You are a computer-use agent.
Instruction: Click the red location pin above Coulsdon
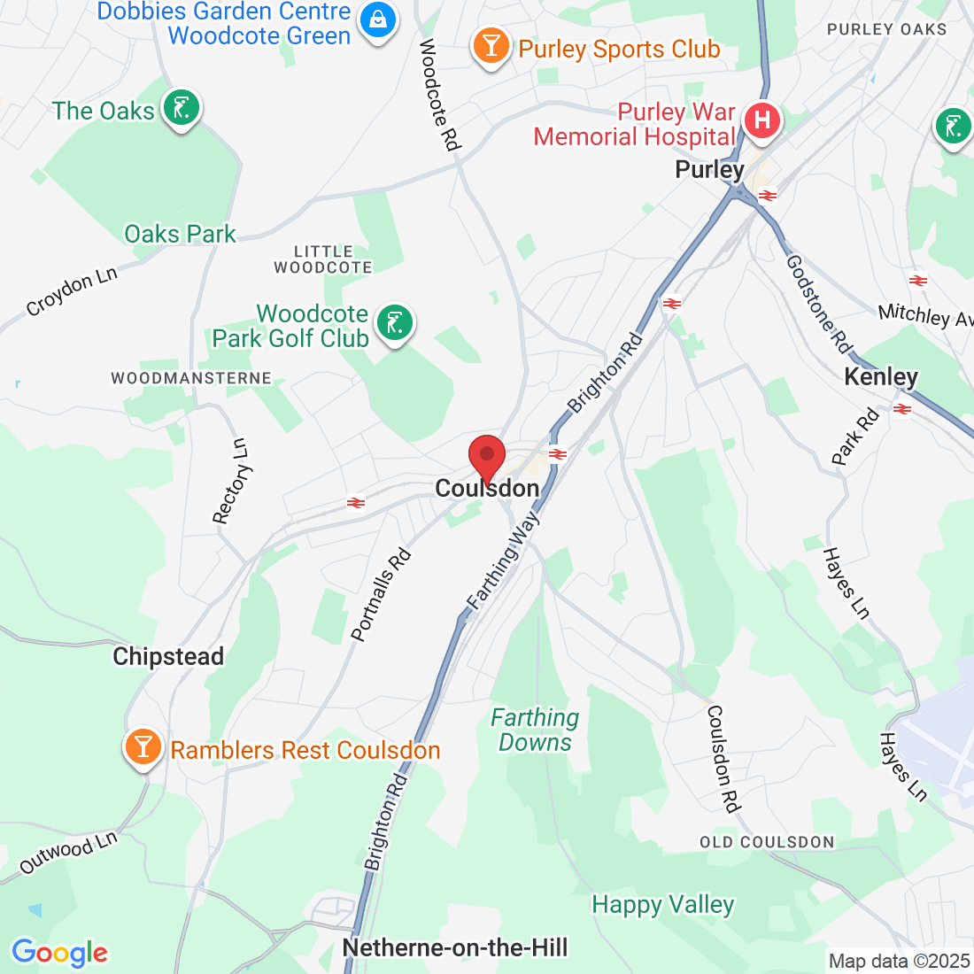[486, 457]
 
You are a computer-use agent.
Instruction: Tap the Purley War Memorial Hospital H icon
[761, 120]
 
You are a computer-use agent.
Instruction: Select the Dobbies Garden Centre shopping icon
[378, 18]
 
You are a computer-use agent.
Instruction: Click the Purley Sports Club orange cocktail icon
[490, 44]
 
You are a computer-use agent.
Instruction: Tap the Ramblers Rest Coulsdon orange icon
[143, 746]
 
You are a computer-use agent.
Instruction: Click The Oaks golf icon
[182, 108]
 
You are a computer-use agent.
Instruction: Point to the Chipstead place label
[168, 656]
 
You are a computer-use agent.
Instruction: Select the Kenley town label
[881, 377]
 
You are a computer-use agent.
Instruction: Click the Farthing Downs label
[535, 730]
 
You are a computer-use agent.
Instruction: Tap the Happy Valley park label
[663, 904]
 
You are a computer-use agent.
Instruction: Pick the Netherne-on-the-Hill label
[455, 947]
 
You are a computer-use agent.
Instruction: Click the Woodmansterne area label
[191, 378]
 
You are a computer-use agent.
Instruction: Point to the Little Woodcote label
[323, 259]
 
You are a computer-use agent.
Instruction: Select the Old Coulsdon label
[767, 842]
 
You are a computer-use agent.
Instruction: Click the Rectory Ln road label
[231, 481]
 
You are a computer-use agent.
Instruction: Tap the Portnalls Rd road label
[382, 595]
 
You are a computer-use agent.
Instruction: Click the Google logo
[59, 953]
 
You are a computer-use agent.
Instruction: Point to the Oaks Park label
[181, 234]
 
